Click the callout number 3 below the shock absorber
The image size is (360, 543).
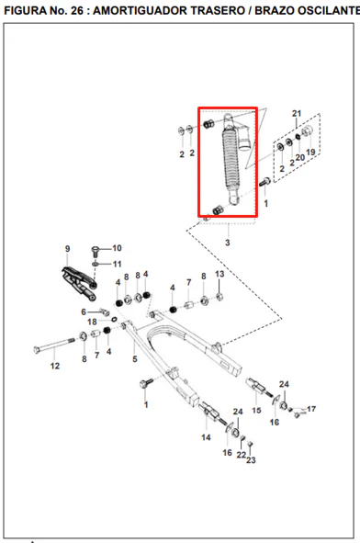(228, 243)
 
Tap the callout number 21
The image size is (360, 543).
(297, 114)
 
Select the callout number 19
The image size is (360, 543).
(310, 152)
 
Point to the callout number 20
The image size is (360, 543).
(299, 157)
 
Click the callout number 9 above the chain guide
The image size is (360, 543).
(68, 249)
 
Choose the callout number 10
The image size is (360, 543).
(117, 248)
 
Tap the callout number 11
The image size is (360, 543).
(117, 264)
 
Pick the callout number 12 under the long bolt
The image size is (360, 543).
(55, 366)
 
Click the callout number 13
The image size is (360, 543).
(219, 274)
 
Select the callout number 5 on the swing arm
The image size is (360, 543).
(135, 359)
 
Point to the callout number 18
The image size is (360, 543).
(92, 322)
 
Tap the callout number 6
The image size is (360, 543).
(84, 311)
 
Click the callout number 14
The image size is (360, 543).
(206, 437)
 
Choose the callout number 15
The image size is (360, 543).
(256, 411)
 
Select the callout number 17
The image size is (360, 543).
(311, 409)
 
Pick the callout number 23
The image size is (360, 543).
(251, 460)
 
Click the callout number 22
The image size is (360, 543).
(242, 455)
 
